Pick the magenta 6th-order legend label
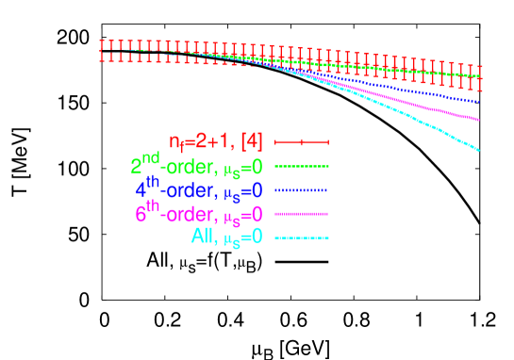(198, 214)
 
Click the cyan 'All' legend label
(226, 237)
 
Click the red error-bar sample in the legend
(302, 142)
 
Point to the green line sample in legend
(302, 166)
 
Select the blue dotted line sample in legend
(302, 190)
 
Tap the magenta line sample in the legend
(302, 214)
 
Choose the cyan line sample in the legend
(302, 237)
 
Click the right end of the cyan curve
(480, 150)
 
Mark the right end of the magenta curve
(480, 120)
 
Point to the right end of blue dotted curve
(480, 101)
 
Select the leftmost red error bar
(101, 50)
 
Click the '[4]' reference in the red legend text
(251, 142)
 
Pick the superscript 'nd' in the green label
(150, 158)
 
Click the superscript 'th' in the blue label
(151, 182)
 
